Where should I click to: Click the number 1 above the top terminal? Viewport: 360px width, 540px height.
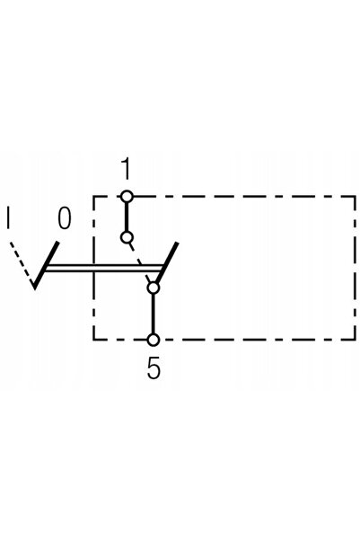127,169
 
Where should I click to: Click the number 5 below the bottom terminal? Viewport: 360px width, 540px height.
154,367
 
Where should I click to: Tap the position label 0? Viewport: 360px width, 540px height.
65,217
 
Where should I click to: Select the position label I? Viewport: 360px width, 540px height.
8,217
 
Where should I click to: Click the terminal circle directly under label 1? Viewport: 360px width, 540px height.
127,197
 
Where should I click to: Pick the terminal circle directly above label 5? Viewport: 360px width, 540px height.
154,340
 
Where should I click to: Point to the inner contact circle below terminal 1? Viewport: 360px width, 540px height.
127,237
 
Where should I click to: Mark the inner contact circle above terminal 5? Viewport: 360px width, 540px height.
154,288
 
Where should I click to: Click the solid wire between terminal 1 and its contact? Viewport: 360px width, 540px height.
127,217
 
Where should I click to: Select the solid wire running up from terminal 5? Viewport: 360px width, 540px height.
154,314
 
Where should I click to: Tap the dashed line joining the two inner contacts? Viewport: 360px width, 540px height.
140,262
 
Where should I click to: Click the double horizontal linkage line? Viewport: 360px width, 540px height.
104,269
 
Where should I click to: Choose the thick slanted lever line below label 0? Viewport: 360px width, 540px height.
47,265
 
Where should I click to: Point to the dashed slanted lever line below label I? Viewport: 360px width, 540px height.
22,263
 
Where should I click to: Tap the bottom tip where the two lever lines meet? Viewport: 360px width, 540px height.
34,288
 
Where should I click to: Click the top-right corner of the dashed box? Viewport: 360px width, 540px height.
355,197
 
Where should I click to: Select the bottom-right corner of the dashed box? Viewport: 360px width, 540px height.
355,340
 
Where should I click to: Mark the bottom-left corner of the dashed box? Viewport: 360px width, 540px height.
93,340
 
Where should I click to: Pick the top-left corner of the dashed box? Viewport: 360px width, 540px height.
93,197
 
